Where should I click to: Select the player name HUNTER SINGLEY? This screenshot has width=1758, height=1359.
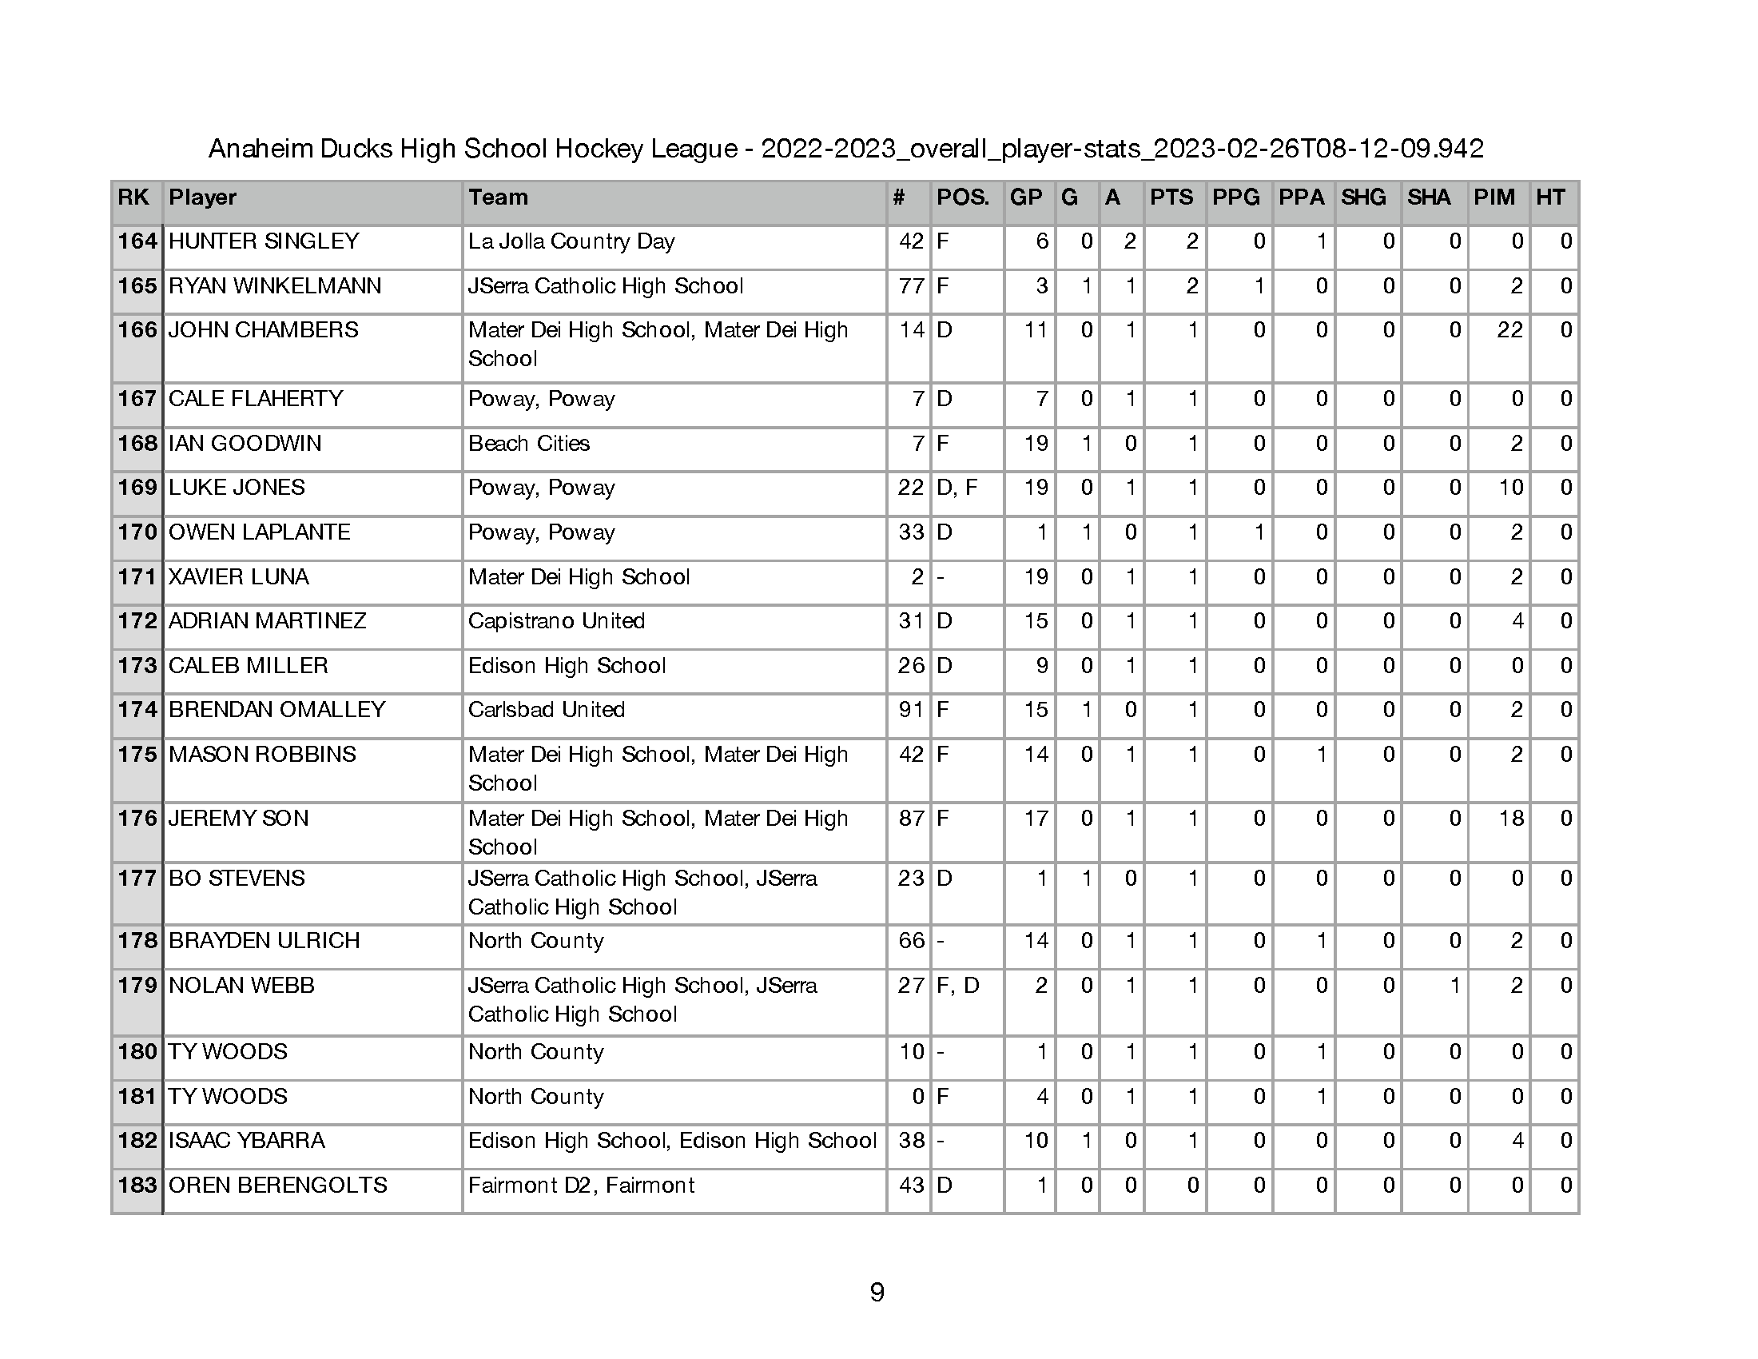[263, 241]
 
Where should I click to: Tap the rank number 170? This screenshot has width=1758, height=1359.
[137, 532]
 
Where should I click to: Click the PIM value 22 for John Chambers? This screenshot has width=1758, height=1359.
[1509, 330]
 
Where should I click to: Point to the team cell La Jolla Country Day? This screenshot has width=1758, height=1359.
[571, 241]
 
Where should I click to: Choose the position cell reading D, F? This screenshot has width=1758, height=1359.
[957, 488]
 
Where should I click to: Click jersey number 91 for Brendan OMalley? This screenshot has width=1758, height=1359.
[910, 710]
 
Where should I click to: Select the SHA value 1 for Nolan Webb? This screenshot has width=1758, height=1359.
[1454, 986]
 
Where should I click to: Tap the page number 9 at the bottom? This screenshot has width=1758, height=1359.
[877, 1292]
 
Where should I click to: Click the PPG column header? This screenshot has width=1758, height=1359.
[1235, 197]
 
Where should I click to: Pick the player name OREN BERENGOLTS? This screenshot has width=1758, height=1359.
[277, 1185]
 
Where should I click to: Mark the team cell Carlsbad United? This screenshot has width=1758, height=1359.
[546, 710]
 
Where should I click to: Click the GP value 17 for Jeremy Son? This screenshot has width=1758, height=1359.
[1035, 819]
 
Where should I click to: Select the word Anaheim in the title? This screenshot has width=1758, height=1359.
[260, 149]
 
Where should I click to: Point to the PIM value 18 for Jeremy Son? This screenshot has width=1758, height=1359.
[1510, 819]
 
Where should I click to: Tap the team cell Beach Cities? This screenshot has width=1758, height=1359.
[528, 444]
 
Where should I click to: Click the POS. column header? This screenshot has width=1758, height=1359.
[962, 197]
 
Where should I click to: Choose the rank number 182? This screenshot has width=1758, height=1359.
[137, 1141]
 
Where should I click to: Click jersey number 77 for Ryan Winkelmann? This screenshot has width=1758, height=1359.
[910, 286]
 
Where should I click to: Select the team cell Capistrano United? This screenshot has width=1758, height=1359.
[555, 621]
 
